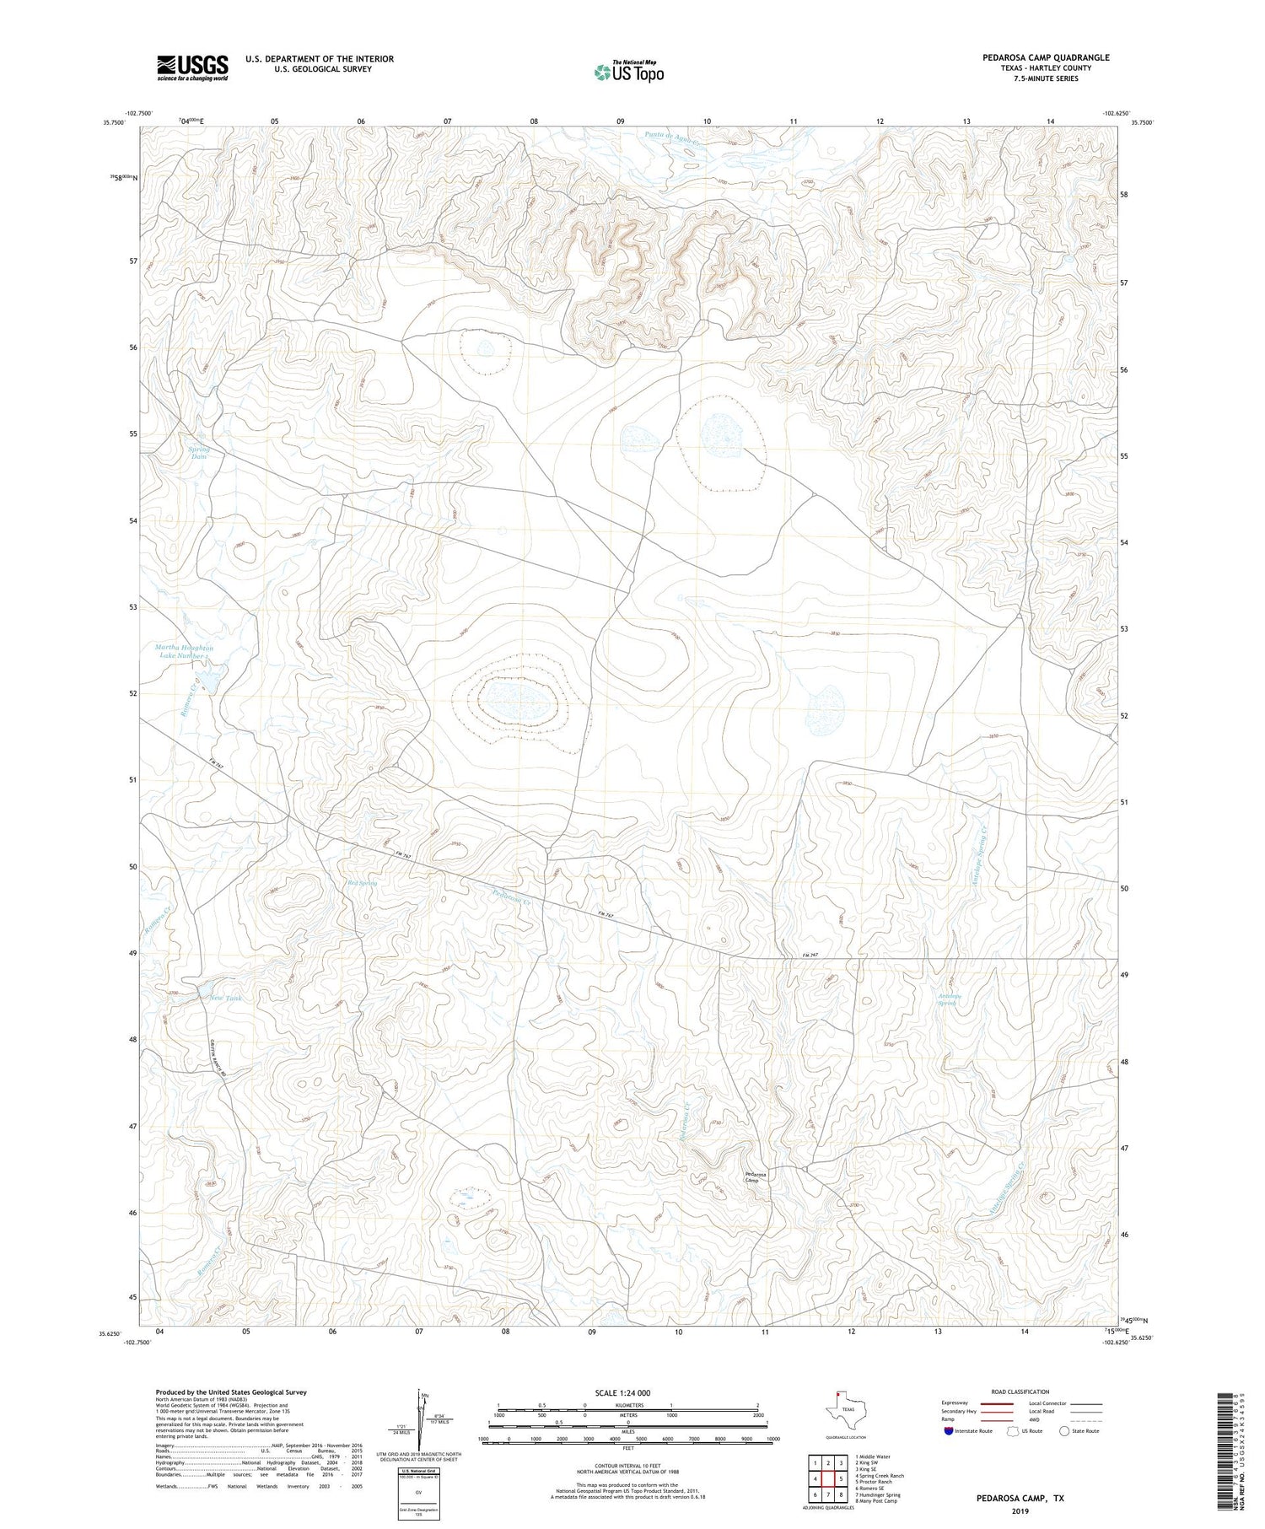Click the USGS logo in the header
pyautogui.click(x=192, y=67)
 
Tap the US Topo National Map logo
pyautogui.click(x=628, y=72)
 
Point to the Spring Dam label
pyautogui.click(x=199, y=453)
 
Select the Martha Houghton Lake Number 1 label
pyautogui.click(x=185, y=652)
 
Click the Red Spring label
pyautogui.click(x=361, y=883)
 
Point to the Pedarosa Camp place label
pyautogui.click(x=756, y=1176)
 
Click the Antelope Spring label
pyautogui.click(x=950, y=999)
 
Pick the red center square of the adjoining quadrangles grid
pyautogui.click(x=828, y=1478)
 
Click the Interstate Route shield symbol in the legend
pyautogui.click(x=949, y=1431)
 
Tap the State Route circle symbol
pyautogui.click(x=1064, y=1431)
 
